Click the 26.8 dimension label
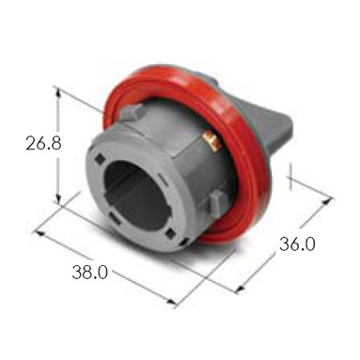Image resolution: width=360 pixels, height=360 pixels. pos(43,143)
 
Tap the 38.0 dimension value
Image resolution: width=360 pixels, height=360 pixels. pos(90,272)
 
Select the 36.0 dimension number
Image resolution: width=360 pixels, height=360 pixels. pos(297,243)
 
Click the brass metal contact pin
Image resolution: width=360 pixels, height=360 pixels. pos(211,141)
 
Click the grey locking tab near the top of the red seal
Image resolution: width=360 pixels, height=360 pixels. pos(132,112)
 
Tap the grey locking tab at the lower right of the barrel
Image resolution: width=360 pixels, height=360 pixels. pos(217,204)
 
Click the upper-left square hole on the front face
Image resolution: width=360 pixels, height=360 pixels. pos(101,159)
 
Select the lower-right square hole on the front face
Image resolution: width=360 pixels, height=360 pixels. pos(171,233)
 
